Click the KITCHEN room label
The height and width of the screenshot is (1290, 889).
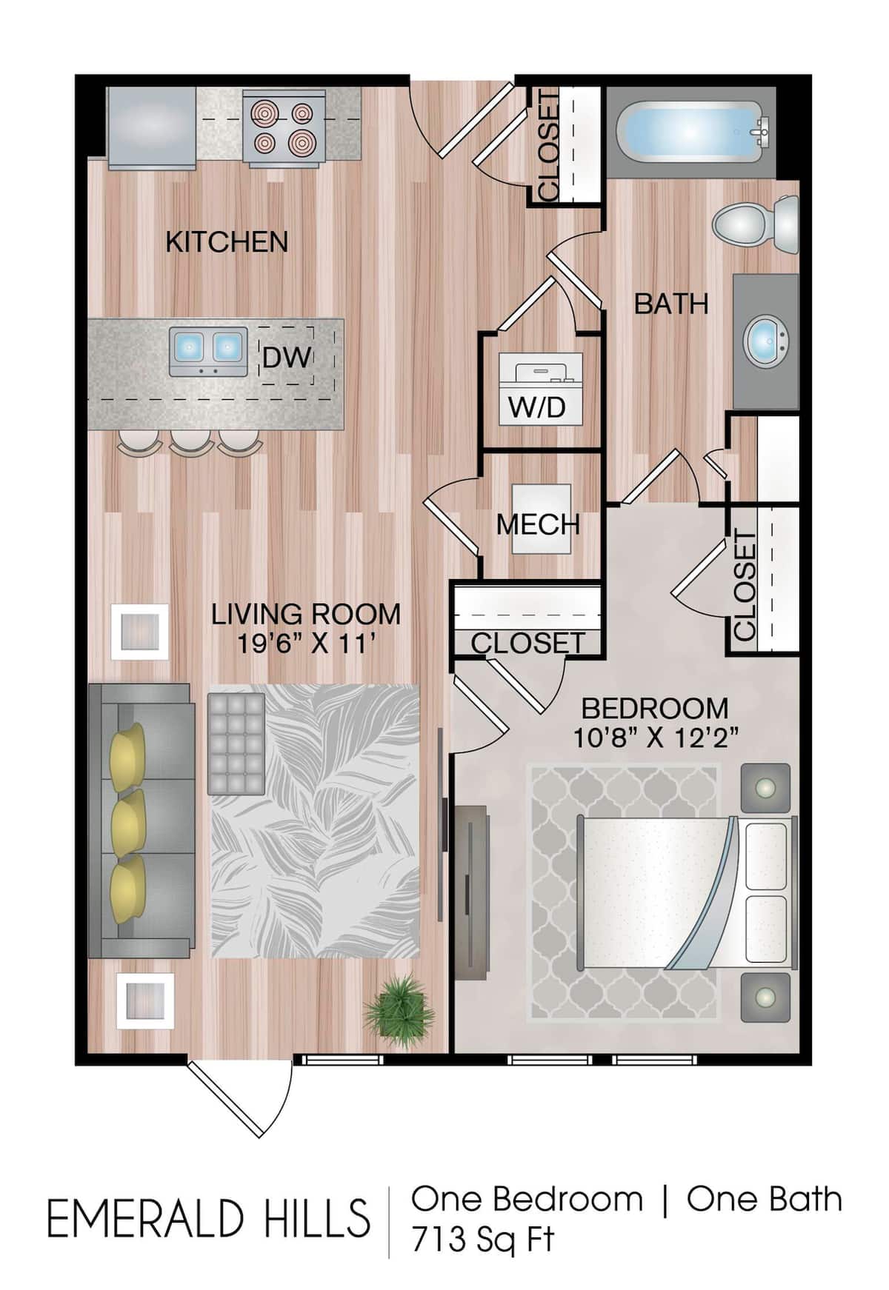pyautogui.click(x=227, y=242)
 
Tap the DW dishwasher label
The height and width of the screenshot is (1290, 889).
pyautogui.click(x=287, y=358)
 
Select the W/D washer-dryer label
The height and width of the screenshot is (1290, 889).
pyautogui.click(x=537, y=407)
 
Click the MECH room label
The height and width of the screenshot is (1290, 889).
pyautogui.click(x=538, y=524)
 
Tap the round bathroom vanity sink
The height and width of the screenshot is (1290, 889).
pyautogui.click(x=766, y=341)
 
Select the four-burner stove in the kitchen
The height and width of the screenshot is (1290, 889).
pyautogui.click(x=284, y=126)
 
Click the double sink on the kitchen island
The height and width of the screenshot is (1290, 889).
pyautogui.click(x=207, y=349)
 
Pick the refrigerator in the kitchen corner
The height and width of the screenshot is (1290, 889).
pyautogui.click(x=151, y=127)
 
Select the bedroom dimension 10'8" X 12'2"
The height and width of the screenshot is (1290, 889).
pyautogui.click(x=656, y=738)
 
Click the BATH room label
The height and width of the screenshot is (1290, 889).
pyautogui.click(x=671, y=304)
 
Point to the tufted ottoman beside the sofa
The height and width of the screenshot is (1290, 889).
pyautogui.click(x=236, y=743)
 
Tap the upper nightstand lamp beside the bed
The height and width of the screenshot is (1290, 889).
pyautogui.click(x=765, y=787)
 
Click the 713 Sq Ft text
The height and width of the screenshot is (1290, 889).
pyautogui.click(x=483, y=1239)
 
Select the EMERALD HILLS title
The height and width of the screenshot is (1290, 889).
pyautogui.click(x=208, y=1219)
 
